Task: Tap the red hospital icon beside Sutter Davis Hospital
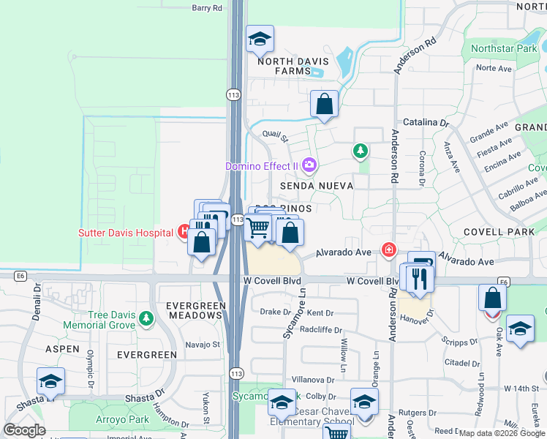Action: pos(184,233)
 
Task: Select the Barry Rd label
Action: pos(206,7)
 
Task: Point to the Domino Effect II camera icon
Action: pos(309,165)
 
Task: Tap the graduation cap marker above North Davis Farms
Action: pos(260,40)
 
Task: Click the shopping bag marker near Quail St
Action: pos(324,104)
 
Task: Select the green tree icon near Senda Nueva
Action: pos(360,151)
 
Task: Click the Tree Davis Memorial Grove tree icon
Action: pos(146,318)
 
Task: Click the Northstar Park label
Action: pos(504,48)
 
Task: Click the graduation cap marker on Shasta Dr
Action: pos(50,382)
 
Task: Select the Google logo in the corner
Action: pos(25,430)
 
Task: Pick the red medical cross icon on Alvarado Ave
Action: pos(388,251)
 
